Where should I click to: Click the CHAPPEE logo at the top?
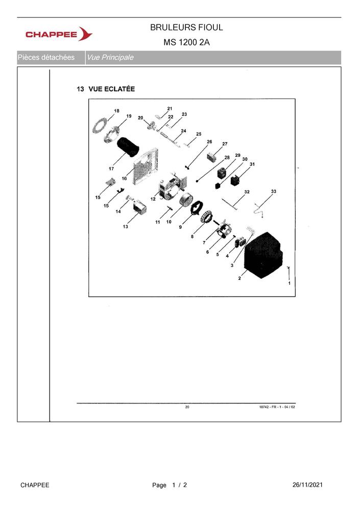click(59, 34)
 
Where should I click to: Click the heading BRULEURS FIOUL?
click(186, 28)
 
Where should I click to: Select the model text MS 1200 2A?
click(186, 42)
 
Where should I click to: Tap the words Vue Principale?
click(110, 58)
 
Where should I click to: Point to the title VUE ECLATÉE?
click(112, 89)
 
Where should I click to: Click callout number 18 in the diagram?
click(116, 111)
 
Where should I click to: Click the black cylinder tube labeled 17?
click(128, 148)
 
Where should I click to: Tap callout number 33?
click(274, 191)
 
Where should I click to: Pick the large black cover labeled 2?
click(263, 255)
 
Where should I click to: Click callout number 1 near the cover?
click(289, 283)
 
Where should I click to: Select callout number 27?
click(225, 144)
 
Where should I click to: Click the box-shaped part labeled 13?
click(140, 206)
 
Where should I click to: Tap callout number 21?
click(170, 109)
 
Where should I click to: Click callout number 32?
click(247, 192)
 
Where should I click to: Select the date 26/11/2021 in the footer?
click(307, 485)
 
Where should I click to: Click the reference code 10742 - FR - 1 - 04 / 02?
click(277, 407)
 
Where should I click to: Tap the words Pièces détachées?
click(46, 58)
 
